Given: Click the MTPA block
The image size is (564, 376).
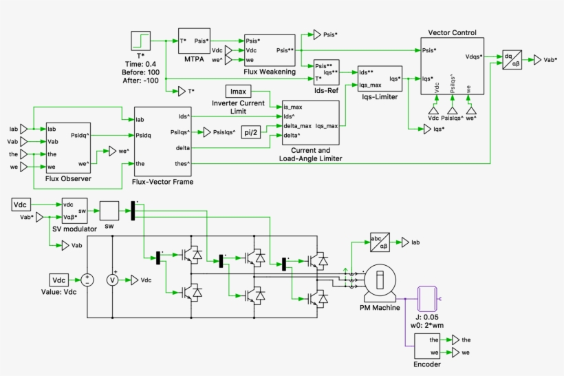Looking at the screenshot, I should pyautogui.click(x=193, y=41).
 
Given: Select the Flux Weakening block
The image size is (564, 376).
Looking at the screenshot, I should pyautogui.click(x=269, y=50).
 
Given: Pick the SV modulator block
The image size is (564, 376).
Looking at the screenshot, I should pyautogui.click(x=76, y=210).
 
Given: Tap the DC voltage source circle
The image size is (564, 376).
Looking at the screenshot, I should pyautogui.click(x=87, y=280).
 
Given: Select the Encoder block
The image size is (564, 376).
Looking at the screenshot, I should pyautogui.click(x=431, y=346).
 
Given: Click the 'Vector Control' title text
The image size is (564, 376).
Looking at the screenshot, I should pyautogui.click(x=451, y=32).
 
